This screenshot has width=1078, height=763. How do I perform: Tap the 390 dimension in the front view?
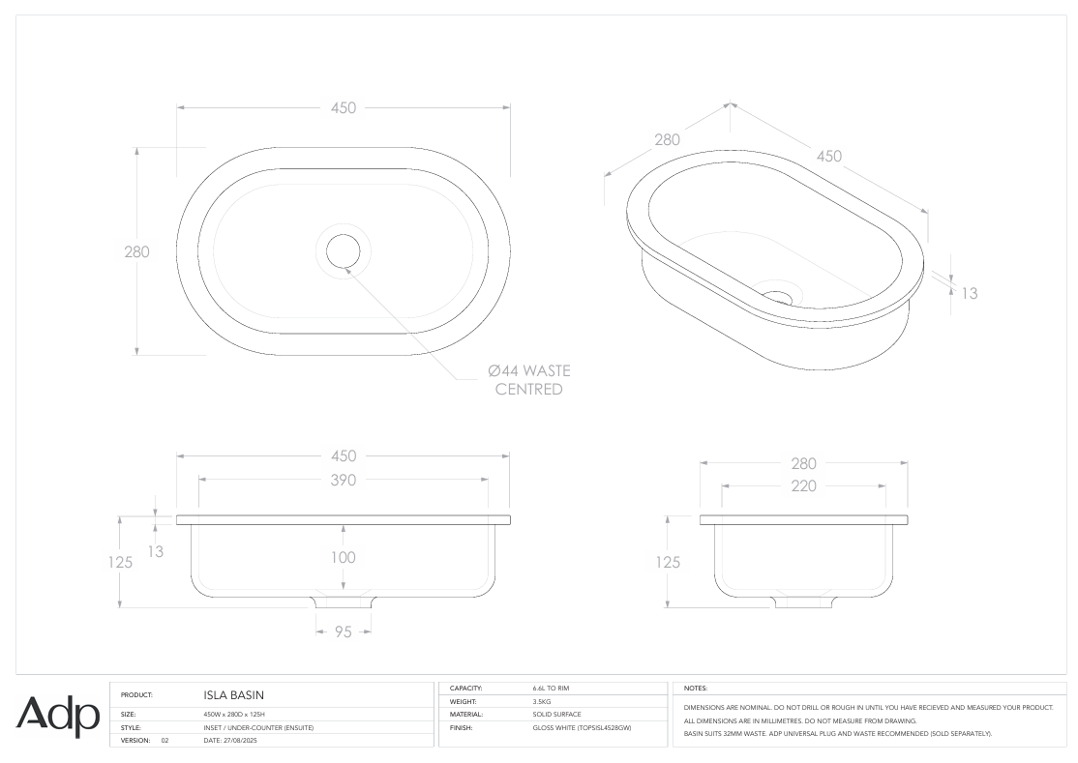(x=343, y=480)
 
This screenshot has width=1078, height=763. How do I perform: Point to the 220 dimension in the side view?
(x=803, y=485)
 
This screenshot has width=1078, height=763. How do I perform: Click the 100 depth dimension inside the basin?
(x=343, y=557)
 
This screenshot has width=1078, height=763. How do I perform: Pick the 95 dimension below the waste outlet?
(x=344, y=631)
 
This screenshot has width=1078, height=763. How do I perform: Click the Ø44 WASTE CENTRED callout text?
(x=528, y=379)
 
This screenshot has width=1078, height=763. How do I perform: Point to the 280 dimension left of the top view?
(x=137, y=251)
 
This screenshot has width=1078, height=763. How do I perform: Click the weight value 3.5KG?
(x=544, y=701)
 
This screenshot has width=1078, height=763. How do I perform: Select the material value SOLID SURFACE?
(x=556, y=714)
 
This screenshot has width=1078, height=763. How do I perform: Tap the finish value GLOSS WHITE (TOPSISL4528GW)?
(x=582, y=727)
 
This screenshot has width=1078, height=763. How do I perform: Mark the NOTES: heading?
(x=697, y=689)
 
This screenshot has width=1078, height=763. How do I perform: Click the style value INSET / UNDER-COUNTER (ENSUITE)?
(x=258, y=727)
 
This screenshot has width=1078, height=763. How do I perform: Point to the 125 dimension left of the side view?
(x=669, y=562)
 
